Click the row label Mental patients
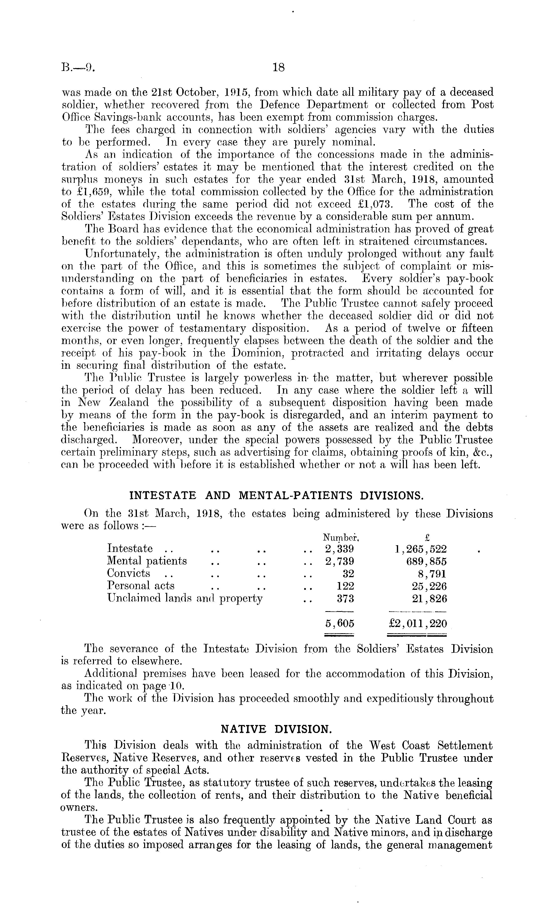[147, 561]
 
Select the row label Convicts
[128, 573]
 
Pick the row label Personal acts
[141, 586]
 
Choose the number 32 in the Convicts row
[348, 574]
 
